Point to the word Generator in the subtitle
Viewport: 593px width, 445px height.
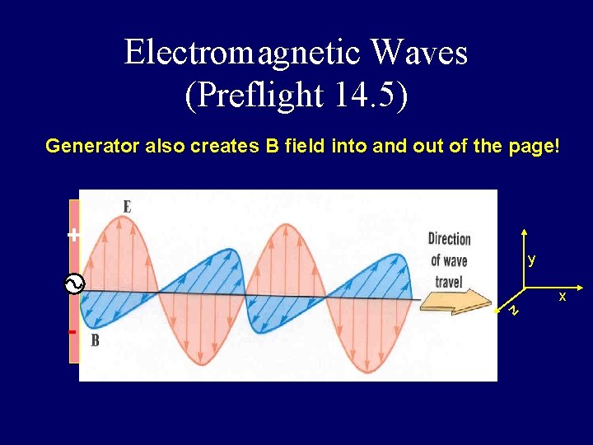(x=92, y=147)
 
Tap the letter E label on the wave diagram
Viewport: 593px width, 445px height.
(x=128, y=207)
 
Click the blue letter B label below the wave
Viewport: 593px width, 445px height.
(x=95, y=340)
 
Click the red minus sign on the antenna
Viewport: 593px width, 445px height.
(x=72, y=332)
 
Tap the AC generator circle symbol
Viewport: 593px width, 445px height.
(x=73, y=285)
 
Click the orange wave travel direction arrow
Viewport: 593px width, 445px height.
(x=453, y=302)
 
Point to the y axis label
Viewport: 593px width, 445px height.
(x=532, y=260)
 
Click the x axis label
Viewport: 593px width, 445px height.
(x=563, y=296)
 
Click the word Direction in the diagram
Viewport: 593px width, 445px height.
(x=450, y=239)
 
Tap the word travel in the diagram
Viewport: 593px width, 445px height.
(x=450, y=281)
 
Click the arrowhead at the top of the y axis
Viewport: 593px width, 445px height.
(x=524, y=235)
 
